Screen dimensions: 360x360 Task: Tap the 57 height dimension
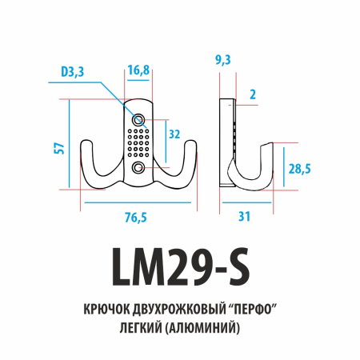(58, 148)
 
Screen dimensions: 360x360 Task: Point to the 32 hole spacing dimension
(174, 135)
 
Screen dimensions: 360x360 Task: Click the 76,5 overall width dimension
(136, 217)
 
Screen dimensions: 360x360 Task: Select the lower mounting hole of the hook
(140, 167)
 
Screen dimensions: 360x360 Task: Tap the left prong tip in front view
(84, 150)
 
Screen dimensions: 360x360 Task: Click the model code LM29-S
(179, 266)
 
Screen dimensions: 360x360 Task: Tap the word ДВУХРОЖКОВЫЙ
(178, 310)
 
